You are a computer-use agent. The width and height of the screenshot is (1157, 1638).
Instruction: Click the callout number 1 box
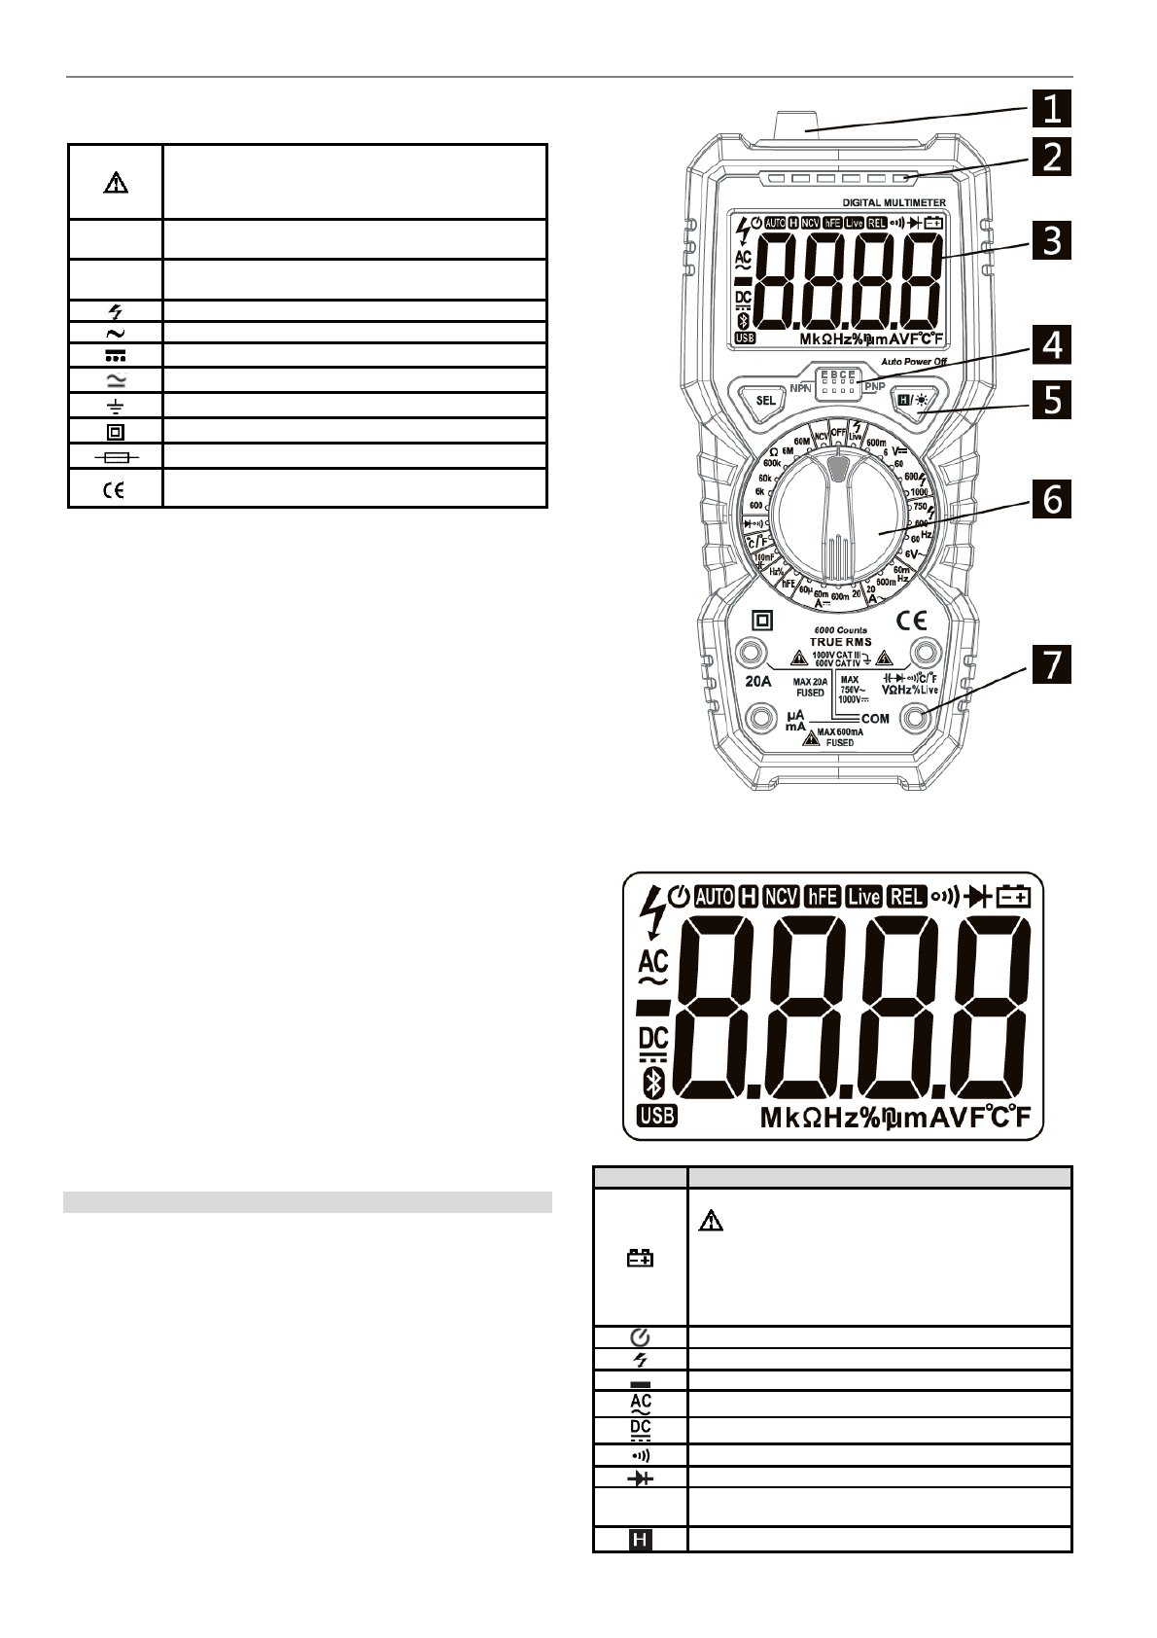[x=1051, y=108]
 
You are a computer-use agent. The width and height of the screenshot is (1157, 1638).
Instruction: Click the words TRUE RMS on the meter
[x=841, y=642]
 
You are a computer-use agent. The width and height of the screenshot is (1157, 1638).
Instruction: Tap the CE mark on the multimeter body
[x=911, y=620]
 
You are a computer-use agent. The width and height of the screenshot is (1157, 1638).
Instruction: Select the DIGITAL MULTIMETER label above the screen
[x=894, y=202]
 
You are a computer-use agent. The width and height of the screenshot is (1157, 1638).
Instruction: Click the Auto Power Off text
[x=914, y=362]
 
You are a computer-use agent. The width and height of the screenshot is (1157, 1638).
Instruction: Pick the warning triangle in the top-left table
[x=115, y=183]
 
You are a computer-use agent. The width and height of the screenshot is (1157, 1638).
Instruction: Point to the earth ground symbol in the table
[x=115, y=407]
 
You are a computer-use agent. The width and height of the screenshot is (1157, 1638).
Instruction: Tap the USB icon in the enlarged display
[x=656, y=1117]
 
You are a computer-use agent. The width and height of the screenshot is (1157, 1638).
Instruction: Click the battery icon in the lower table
[x=640, y=1258]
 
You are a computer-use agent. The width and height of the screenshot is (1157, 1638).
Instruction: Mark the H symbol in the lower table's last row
[x=640, y=1540]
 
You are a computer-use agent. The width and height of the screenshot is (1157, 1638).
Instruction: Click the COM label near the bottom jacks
[x=875, y=719]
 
